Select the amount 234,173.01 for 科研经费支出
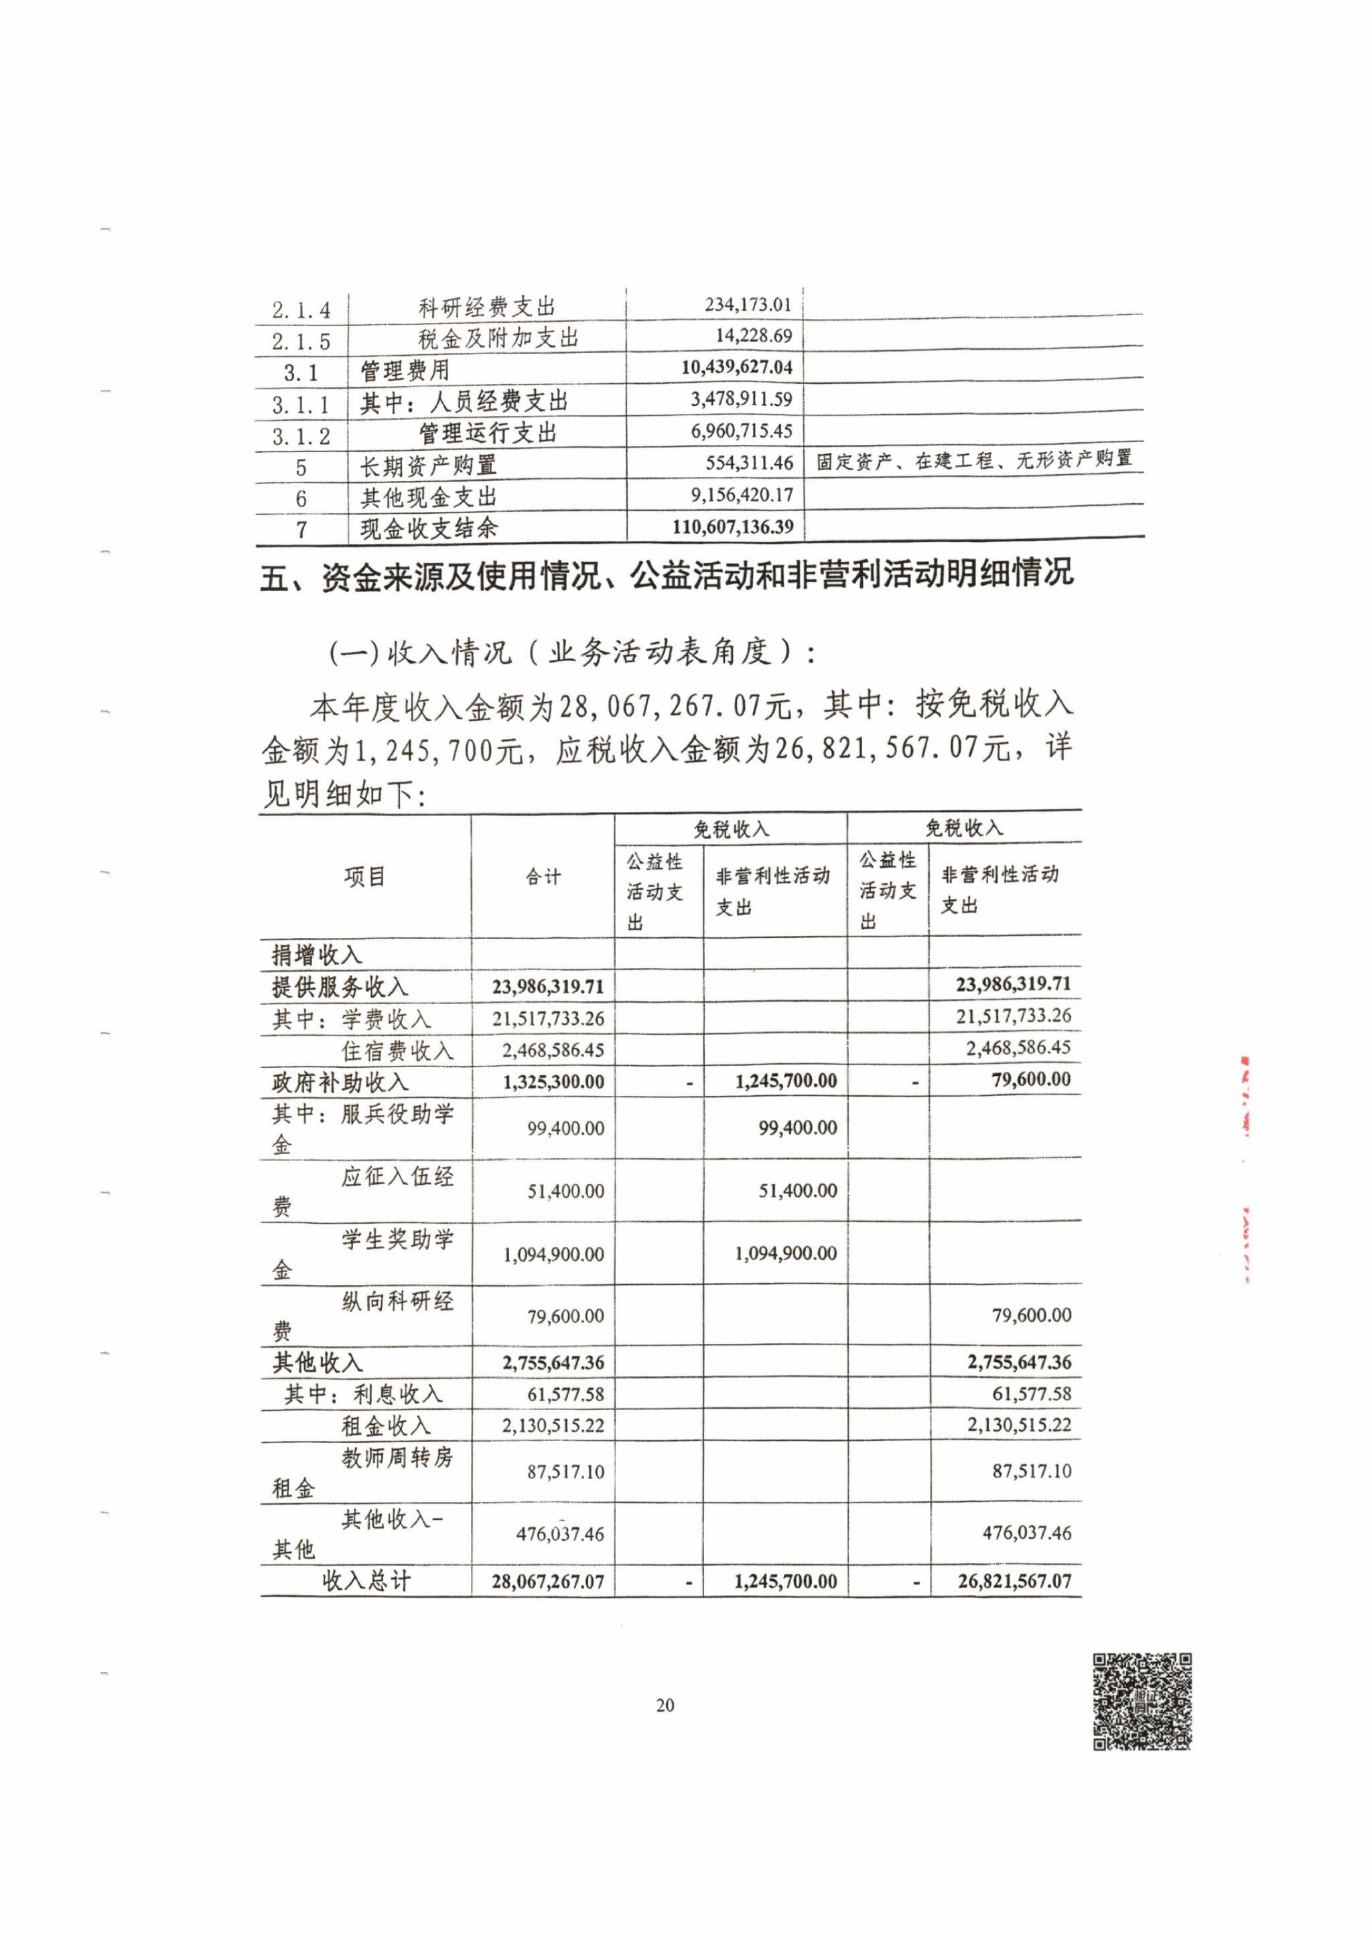748,304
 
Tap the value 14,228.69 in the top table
754,336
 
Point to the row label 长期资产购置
428,466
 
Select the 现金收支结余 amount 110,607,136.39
732,527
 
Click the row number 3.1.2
301,436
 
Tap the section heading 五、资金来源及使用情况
667,575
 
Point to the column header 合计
543,877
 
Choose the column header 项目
365,877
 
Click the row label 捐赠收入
317,955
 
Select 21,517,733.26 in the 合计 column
548,1019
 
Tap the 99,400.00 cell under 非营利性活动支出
797,1128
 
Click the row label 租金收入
386,1426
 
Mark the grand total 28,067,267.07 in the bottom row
547,1582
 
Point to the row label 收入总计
366,1581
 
